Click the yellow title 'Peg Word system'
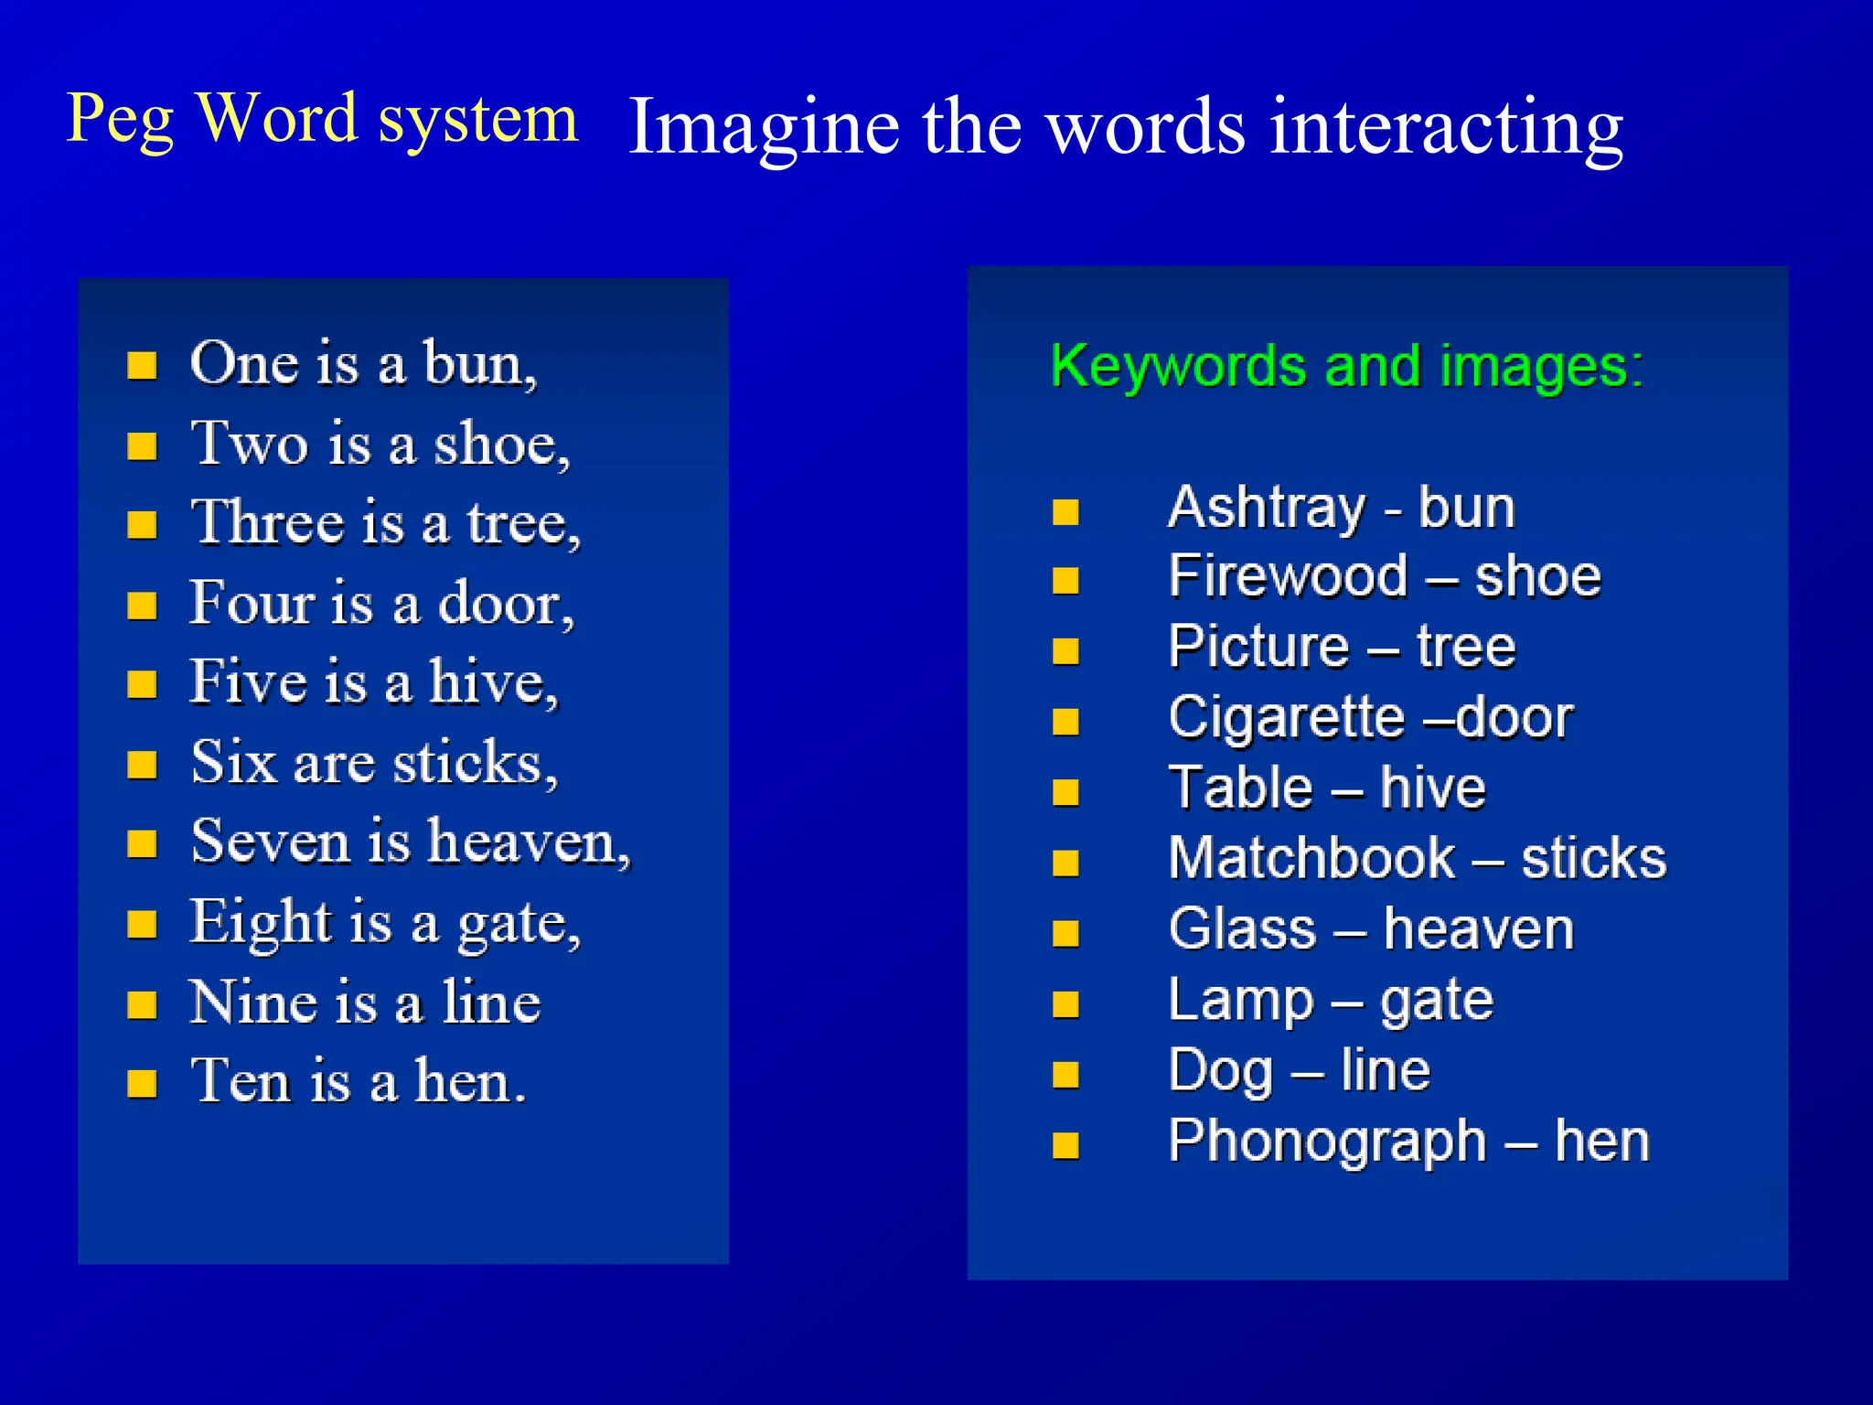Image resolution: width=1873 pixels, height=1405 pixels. (322, 120)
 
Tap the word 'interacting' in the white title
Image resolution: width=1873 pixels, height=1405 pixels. (1445, 128)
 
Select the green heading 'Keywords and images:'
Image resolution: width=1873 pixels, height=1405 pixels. (1346, 367)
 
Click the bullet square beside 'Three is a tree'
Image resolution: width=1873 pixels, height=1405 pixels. (142, 525)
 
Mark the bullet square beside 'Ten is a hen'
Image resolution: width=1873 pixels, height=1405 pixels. (142, 1084)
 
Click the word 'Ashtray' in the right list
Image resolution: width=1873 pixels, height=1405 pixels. (1268, 509)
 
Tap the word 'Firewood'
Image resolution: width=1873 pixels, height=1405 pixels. (1288, 577)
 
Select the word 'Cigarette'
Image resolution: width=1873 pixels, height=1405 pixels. (1286, 718)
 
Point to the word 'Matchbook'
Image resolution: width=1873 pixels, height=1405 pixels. (1311, 859)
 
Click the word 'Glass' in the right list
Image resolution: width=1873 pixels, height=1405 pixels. (1242, 929)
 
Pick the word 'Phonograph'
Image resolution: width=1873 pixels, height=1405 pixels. (1327, 1142)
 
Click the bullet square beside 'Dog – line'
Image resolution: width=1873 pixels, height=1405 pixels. (1065, 1075)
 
